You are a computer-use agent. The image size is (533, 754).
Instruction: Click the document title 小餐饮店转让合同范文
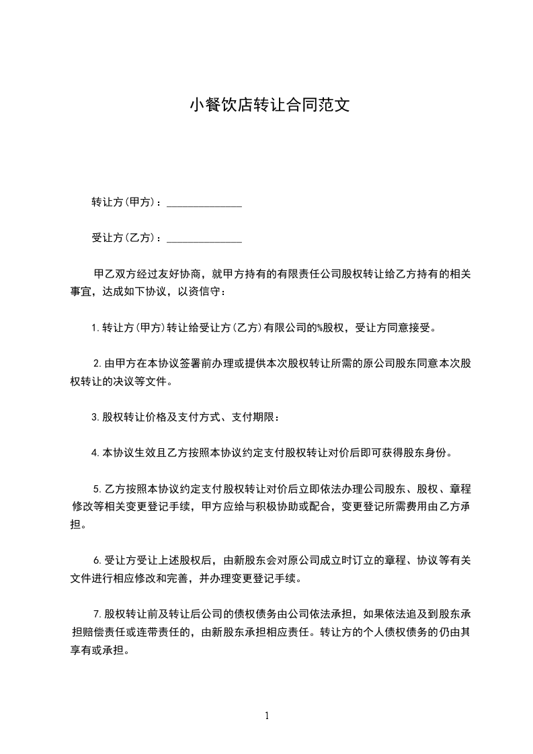click(x=269, y=106)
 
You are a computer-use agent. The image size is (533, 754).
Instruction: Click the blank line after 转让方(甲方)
click(x=204, y=202)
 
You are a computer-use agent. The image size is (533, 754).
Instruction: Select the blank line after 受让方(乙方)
click(x=204, y=238)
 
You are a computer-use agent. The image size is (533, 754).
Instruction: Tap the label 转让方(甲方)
click(x=124, y=202)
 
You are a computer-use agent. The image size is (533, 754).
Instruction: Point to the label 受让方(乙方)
click(x=124, y=238)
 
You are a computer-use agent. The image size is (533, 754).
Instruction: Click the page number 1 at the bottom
click(x=267, y=716)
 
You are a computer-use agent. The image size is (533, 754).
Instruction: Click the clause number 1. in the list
click(x=95, y=329)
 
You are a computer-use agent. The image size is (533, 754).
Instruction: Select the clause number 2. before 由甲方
click(x=97, y=364)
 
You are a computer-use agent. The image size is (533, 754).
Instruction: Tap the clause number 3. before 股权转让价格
click(x=95, y=417)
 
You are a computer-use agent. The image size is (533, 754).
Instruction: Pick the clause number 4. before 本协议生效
click(x=95, y=453)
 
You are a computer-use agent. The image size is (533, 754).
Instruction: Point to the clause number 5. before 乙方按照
click(x=97, y=489)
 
